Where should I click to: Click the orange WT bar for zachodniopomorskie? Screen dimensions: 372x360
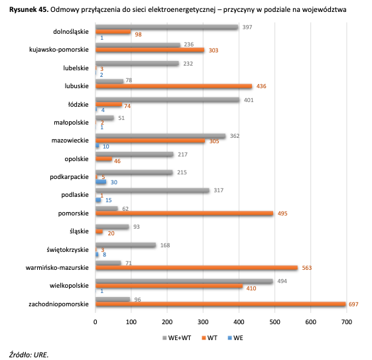(220, 304)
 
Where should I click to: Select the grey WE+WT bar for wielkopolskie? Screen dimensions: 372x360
(184, 281)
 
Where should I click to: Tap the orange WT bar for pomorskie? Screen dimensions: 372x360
(184, 213)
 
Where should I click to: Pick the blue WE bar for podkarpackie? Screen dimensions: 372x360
(101, 182)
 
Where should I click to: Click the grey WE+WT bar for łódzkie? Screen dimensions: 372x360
(168, 100)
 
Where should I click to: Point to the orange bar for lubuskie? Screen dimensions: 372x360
(174, 86)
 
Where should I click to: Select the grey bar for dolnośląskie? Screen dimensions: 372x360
(167, 27)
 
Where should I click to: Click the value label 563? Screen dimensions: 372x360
(307, 268)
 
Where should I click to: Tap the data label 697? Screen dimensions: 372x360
(353, 304)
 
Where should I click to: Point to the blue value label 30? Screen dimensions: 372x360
(114, 182)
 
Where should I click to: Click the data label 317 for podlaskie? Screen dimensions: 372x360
(219, 190)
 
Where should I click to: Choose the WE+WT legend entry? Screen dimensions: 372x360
(177, 338)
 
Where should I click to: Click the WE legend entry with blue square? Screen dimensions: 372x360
(235, 338)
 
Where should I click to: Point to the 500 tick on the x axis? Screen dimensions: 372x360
(275, 322)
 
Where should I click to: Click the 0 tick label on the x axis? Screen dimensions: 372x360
(95, 322)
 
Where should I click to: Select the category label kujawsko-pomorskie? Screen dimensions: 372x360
(59, 50)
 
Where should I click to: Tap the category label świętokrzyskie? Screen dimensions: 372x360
(68, 250)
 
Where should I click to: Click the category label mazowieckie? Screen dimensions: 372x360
(70, 141)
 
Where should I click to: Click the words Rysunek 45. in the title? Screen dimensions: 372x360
(29, 9)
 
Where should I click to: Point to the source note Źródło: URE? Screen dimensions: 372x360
(29, 355)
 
